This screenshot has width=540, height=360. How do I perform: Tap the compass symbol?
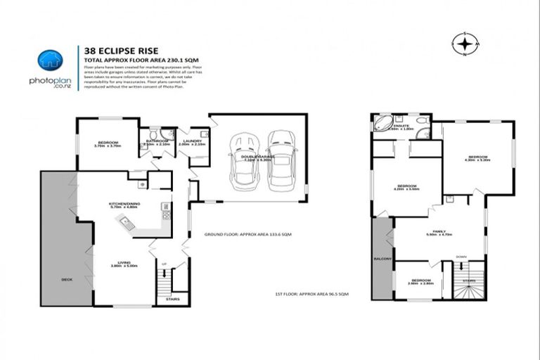tap(465, 45)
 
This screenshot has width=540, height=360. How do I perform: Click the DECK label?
tap(67, 279)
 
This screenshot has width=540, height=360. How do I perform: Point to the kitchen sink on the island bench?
tap(129, 224)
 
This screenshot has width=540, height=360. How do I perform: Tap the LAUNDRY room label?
tap(192, 141)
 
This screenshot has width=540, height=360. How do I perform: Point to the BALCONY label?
tap(382, 259)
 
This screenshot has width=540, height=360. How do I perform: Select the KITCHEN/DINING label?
tap(124, 204)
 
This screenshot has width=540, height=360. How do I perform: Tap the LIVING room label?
tap(124, 263)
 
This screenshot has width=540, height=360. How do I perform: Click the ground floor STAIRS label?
tap(173, 299)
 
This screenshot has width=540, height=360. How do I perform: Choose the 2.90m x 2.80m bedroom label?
tap(420, 281)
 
